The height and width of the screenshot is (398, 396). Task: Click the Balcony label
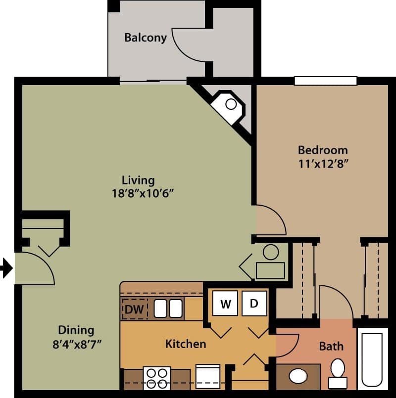[x=146, y=38]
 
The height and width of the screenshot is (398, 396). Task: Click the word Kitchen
[x=186, y=344]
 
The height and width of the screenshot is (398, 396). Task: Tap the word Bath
[x=331, y=346]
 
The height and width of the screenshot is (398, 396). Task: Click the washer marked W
[x=226, y=304]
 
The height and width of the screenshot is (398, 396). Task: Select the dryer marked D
[x=254, y=304]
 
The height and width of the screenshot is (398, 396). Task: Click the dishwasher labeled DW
[x=134, y=310]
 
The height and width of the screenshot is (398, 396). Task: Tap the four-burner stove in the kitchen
[x=157, y=378]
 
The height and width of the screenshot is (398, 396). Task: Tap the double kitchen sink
[x=168, y=309]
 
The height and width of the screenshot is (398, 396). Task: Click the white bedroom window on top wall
[x=325, y=81]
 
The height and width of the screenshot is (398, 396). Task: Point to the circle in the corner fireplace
[x=231, y=104]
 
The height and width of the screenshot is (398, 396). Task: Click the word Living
[x=138, y=180]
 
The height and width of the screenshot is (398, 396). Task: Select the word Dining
[x=76, y=330]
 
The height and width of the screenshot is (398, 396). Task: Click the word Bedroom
[x=323, y=150]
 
